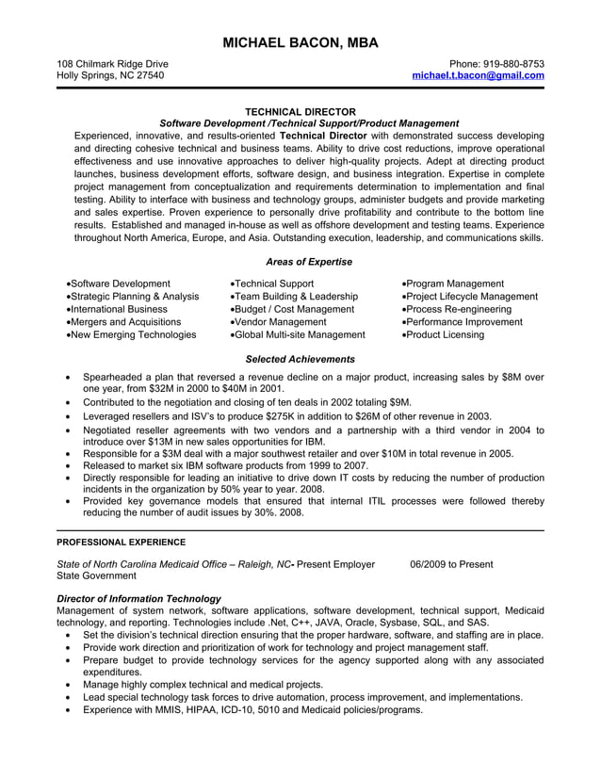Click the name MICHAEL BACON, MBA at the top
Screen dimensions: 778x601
click(300, 42)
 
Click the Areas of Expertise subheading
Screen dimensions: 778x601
click(309, 261)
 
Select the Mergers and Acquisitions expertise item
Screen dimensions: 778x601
click(125, 321)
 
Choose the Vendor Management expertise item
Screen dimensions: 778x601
click(281, 321)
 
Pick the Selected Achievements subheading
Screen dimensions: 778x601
click(300, 359)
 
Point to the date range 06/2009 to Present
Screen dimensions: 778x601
click(451, 564)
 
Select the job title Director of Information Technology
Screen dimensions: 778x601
click(138, 598)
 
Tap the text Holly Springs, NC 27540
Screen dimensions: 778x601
click(110, 75)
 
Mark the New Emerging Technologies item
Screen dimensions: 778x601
click(132, 334)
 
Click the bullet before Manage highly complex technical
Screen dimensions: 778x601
click(70, 685)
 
